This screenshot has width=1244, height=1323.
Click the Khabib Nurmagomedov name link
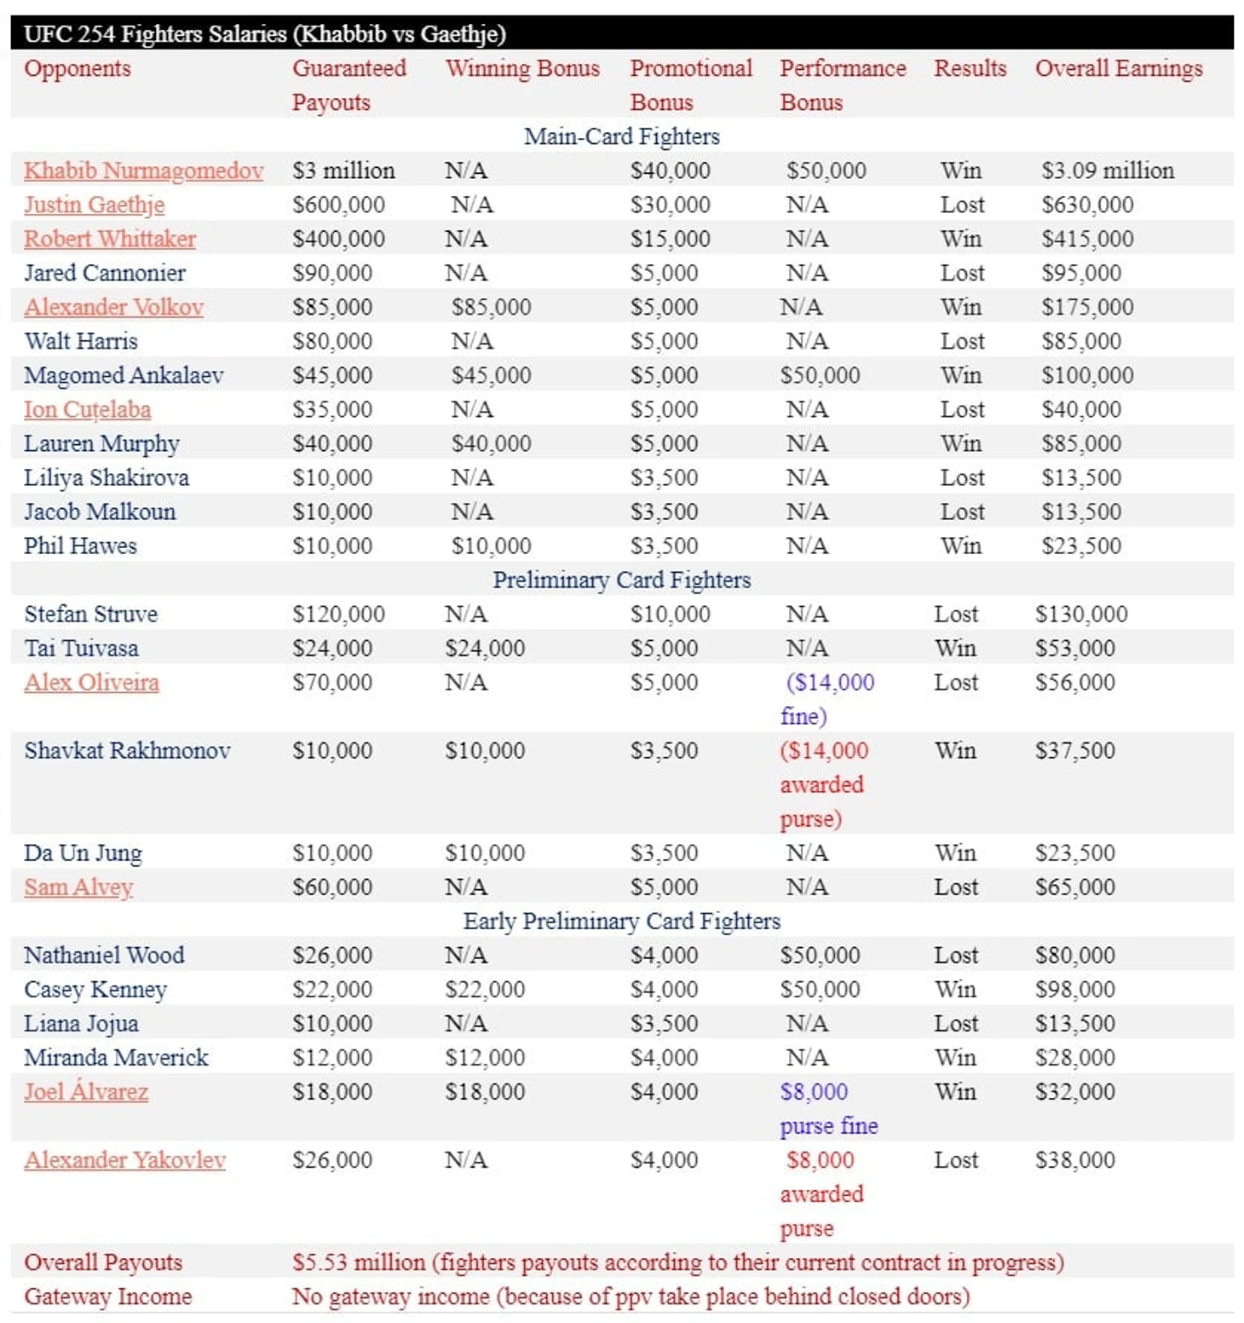coord(143,170)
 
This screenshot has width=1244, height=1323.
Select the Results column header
coord(970,68)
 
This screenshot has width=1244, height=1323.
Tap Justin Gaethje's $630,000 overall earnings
coord(1087,205)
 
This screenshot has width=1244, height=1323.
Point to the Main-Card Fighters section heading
coord(621,136)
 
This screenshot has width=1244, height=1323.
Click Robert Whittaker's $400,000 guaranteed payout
coord(338,239)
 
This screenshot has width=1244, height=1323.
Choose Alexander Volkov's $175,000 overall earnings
coord(1087,307)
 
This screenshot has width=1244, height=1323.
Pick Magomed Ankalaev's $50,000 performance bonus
coord(820,375)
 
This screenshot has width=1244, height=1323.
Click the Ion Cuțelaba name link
coord(87,409)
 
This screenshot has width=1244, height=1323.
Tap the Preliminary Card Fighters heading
coord(621,580)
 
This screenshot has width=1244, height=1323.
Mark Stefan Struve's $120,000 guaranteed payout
coord(338,614)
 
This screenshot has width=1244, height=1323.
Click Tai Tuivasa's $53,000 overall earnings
coord(1074,648)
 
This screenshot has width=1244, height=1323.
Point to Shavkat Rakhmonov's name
coord(127,750)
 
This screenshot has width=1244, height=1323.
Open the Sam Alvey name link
coord(78,887)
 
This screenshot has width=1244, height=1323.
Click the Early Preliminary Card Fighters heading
coord(621,921)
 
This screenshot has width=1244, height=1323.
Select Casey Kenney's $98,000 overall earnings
coord(1074,989)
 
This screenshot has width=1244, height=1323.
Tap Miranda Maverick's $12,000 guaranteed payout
coord(331,1057)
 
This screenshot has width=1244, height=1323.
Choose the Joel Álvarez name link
coord(86,1091)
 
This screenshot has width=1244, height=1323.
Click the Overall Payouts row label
coord(103,1262)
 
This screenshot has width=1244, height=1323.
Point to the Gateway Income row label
coord(107,1296)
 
